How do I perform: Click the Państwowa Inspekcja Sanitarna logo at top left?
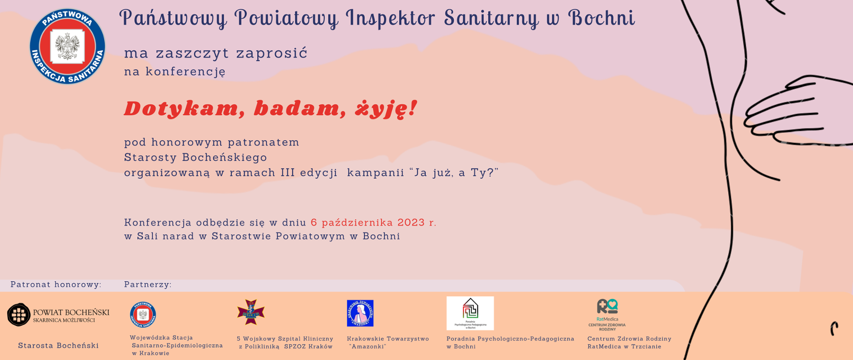point(68,46)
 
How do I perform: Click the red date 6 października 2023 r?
point(373,223)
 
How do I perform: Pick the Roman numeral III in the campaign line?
point(287,172)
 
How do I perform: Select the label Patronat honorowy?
point(56,284)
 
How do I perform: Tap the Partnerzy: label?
point(147,284)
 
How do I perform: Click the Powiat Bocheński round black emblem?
point(19,315)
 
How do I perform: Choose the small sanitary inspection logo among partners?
point(143,314)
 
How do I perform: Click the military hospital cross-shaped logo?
point(251,312)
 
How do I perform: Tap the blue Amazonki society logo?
point(360,313)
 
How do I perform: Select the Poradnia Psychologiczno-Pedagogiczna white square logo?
point(470,313)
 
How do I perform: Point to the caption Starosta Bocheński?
point(58,345)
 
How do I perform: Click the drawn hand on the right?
point(786,111)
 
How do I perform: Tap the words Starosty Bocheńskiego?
point(195,157)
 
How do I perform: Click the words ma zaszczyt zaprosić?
point(215,53)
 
